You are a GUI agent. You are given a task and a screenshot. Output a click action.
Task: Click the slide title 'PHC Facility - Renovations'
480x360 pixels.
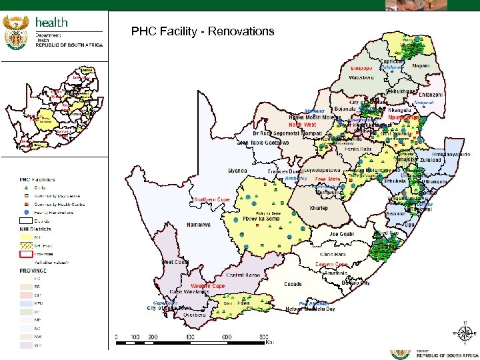coord(203,31)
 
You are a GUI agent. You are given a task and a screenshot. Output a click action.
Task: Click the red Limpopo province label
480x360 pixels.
coord(364,68)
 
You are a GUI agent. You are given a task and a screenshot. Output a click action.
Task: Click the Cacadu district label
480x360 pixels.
coord(292,283)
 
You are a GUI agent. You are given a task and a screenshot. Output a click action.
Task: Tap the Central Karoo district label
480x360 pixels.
coord(243,274)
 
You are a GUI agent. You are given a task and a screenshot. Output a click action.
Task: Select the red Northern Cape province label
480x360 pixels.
coord(212,199)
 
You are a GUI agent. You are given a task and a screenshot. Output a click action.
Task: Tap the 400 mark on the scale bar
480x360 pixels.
coord(190,337)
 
